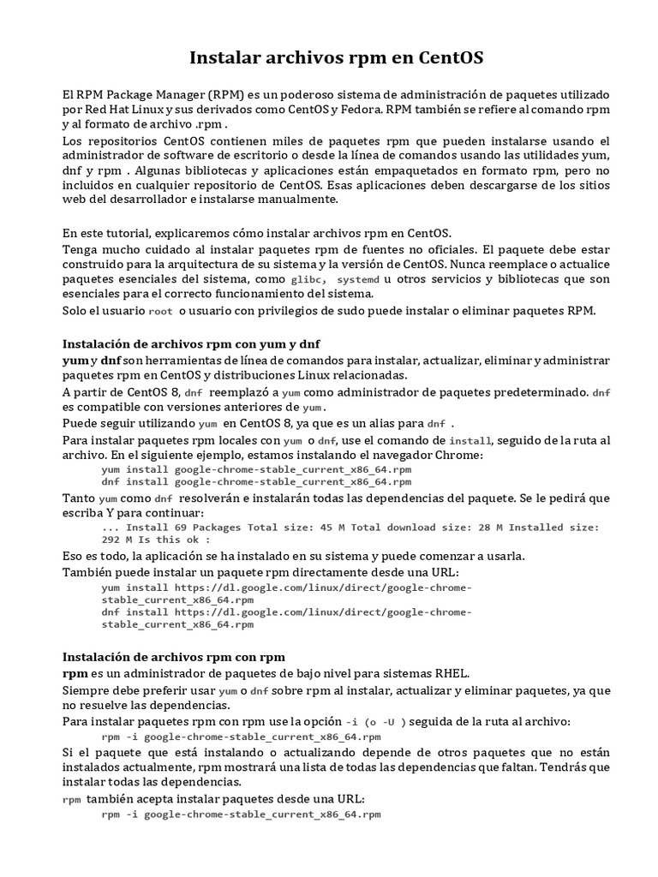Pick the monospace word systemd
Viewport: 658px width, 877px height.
[x=357, y=280]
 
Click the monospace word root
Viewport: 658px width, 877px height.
[x=160, y=310]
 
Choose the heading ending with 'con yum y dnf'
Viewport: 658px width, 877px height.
[x=191, y=343]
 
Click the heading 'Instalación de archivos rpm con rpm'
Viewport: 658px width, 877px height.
[x=174, y=657]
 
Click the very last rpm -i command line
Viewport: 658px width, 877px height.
[x=241, y=814]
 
